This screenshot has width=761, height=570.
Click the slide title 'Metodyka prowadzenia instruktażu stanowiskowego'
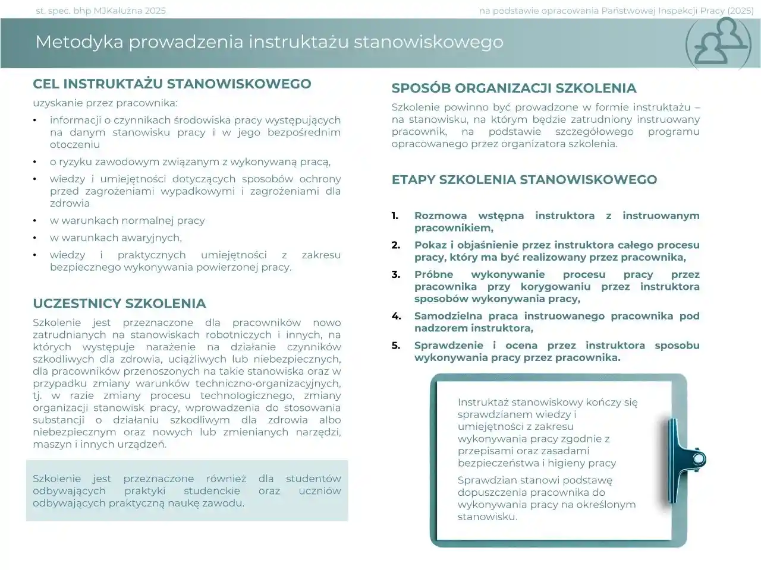(269, 42)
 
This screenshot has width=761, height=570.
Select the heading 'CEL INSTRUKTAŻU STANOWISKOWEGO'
(172, 84)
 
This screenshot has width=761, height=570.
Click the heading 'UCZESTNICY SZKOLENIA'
(120, 303)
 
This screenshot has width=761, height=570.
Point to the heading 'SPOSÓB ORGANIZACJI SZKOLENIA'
(514, 88)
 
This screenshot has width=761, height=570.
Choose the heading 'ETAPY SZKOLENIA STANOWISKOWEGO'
(524, 180)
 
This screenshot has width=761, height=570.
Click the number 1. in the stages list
(395, 216)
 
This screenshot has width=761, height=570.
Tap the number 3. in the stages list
(395, 274)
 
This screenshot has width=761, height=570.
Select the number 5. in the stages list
(395, 345)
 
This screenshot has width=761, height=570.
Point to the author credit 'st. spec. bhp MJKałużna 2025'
(101, 11)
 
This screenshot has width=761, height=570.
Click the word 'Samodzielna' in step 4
(446, 316)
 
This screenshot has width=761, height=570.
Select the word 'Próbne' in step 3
(433, 274)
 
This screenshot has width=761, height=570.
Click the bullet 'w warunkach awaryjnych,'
(116, 237)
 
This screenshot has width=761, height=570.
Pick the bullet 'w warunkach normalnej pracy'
(127, 220)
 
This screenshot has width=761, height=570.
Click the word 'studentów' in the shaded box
(313, 479)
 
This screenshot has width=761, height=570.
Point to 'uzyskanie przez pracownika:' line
(105, 103)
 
